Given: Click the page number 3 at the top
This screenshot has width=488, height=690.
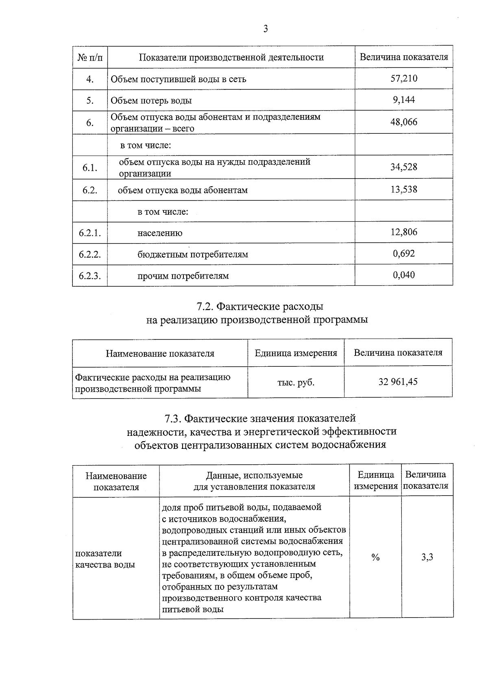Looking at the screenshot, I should (266, 28).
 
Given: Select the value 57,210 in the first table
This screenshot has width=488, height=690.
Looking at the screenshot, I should (404, 78).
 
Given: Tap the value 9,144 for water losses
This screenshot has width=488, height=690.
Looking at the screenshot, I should (404, 100).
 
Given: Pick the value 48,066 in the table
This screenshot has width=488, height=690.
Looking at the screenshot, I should (404, 122).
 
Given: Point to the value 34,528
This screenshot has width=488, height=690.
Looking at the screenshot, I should (404, 167).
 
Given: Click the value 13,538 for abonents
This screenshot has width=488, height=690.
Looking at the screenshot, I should (404, 189).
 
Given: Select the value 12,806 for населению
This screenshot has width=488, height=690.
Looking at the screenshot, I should (404, 232).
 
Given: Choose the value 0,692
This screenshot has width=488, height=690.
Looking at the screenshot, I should (404, 254).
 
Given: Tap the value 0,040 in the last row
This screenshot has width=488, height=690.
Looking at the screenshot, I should (404, 275).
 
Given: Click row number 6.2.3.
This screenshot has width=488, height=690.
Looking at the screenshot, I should (90, 276).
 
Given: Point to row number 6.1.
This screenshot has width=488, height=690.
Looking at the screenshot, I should (90, 168).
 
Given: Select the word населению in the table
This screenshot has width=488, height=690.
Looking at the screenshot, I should (160, 233).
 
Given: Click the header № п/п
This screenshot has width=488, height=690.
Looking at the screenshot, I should (90, 57).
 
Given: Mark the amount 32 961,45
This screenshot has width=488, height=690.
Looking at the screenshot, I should (398, 382).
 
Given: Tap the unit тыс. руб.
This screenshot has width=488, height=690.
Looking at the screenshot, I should (296, 382).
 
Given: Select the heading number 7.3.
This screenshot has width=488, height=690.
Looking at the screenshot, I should (174, 418).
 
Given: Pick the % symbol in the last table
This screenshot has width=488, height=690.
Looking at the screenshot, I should (375, 557).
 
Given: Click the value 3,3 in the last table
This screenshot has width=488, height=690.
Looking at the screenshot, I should (427, 557).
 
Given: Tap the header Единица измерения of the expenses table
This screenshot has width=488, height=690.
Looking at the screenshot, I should (296, 353).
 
